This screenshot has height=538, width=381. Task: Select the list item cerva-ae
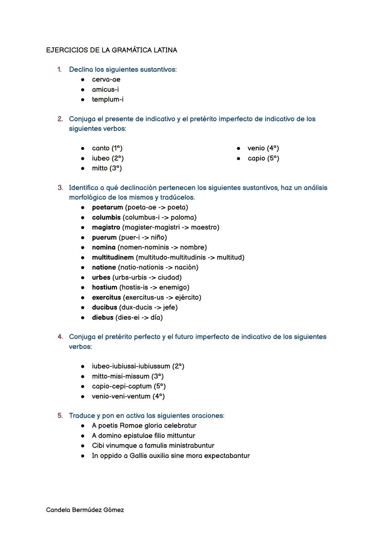106,80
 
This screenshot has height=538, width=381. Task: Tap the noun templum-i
108,99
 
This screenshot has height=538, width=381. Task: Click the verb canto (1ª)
107,148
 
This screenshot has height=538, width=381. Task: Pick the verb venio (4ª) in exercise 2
263,148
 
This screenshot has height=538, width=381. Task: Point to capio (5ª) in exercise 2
263,158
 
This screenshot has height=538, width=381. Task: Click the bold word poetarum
107,207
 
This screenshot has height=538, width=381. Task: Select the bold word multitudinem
113,258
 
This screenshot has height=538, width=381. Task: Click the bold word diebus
103,318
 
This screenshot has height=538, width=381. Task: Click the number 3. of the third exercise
60,188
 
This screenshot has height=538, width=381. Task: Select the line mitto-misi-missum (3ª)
128,376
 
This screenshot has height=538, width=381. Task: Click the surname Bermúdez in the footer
87,510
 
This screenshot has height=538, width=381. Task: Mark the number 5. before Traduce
60,416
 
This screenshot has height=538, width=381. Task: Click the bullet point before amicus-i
83,90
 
